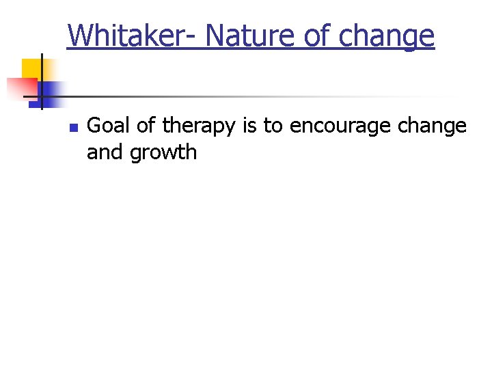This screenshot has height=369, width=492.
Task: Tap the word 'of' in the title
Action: point(316,36)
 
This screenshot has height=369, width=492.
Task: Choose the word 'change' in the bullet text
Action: point(432,127)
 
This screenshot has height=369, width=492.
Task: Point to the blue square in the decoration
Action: point(52,90)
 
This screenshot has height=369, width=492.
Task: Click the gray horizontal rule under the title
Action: point(239,96)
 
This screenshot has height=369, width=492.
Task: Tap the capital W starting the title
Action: point(78,36)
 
